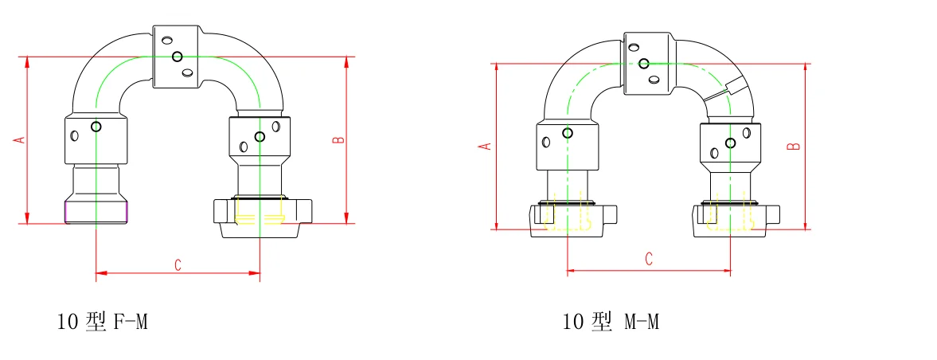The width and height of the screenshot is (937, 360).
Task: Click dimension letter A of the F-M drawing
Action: [x=21, y=139]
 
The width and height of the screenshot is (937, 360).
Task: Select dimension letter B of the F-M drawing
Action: [x=338, y=139]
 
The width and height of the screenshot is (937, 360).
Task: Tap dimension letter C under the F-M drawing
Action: [x=178, y=265]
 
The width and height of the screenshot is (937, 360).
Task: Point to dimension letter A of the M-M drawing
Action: [x=488, y=147]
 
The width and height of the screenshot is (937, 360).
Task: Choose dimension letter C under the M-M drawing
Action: [x=649, y=259]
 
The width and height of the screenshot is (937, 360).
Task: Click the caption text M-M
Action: [x=640, y=322]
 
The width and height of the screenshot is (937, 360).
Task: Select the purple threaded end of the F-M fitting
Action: [x=96, y=212]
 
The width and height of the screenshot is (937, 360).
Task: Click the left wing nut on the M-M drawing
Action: [x=572, y=219]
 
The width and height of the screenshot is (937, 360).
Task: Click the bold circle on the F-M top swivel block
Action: [x=177, y=57]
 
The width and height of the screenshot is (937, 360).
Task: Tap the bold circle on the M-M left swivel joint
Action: [x=568, y=133]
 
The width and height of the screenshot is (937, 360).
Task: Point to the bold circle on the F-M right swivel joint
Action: [x=260, y=137]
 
